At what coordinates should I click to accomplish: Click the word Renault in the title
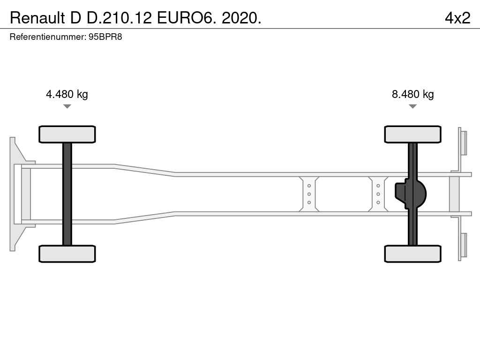37,18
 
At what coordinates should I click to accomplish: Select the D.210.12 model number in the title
119,18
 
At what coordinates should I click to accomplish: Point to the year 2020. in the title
241,18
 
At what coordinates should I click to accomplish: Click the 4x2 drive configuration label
457,18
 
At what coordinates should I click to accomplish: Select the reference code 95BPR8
105,37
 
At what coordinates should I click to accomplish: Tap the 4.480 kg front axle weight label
67,94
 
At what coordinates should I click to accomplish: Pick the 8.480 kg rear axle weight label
412,94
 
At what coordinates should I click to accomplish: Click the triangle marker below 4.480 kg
67,106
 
